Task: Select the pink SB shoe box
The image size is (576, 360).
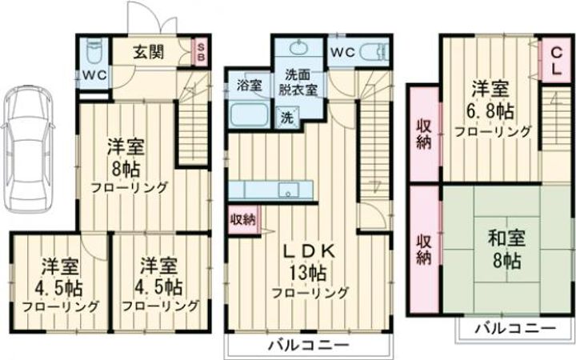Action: pos(202,53)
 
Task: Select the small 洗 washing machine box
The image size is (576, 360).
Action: pos(286,117)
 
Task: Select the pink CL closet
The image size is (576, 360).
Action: pos(554,61)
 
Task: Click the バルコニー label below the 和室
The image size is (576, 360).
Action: pos(515,328)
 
